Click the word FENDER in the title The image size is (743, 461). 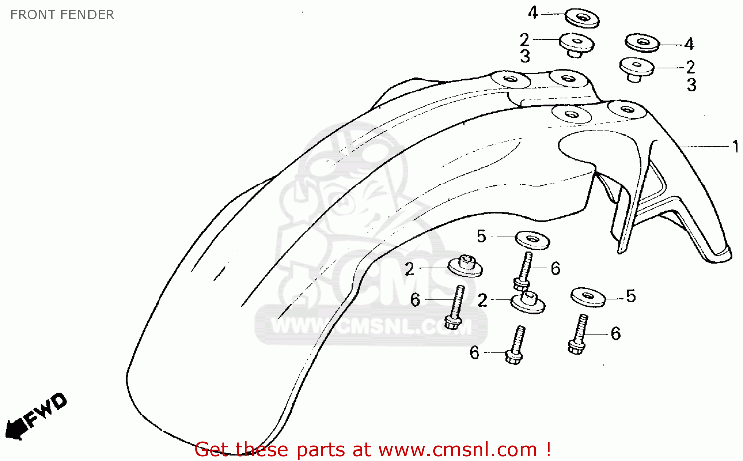pos(86,15)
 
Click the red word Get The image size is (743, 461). pos(212,450)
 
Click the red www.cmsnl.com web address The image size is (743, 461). pos(458,450)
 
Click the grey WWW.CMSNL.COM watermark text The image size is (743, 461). pos(371,326)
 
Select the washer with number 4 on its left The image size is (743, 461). pos(582,18)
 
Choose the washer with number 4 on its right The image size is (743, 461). pos(642,43)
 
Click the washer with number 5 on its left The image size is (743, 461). pos(532,240)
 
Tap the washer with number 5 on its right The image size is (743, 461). pos(588,297)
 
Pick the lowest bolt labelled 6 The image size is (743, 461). pos(515,345)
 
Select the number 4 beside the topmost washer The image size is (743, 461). pos(532,13)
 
